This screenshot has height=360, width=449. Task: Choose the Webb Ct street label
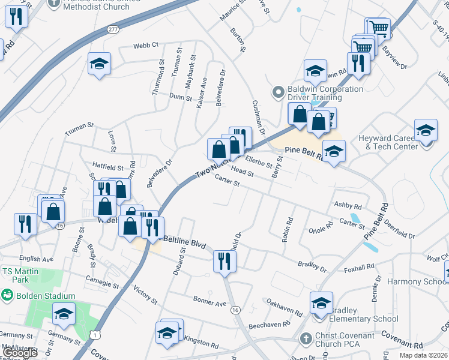pos(146,45)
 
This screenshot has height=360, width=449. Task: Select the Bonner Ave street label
pos(209,300)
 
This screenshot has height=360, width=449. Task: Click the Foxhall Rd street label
pos(360,266)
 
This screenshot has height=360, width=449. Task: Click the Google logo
pos(20,353)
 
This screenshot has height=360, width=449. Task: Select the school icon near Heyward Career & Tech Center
pos(426,131)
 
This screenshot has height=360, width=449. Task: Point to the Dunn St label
pos(180,97)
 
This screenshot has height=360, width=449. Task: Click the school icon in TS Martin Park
pos(64,314)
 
